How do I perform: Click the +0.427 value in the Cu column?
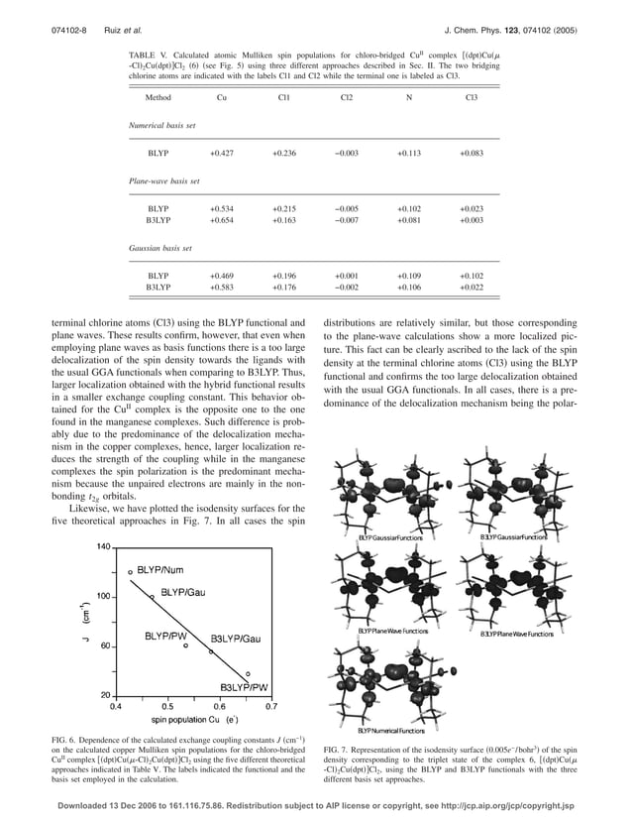pyautogui.click(x=221, y=154)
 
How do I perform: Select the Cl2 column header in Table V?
pyautogui.click(x=347, y=98)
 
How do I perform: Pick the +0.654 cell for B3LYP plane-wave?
pyautogui.click(x=221, y=220)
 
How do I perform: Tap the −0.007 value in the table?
pyautogui.click(x=347, y=220)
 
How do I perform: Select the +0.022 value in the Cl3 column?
pyautogui.click(x=472, y=287)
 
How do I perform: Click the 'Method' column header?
pyautogui.click(x=158, y=98)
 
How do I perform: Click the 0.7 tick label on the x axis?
pyautogui.click(x=271, y=707)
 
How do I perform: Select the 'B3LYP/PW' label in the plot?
pyautogui.click(x=244, y=685)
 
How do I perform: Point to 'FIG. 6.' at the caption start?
pyautogui.click(x=65, y=741)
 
